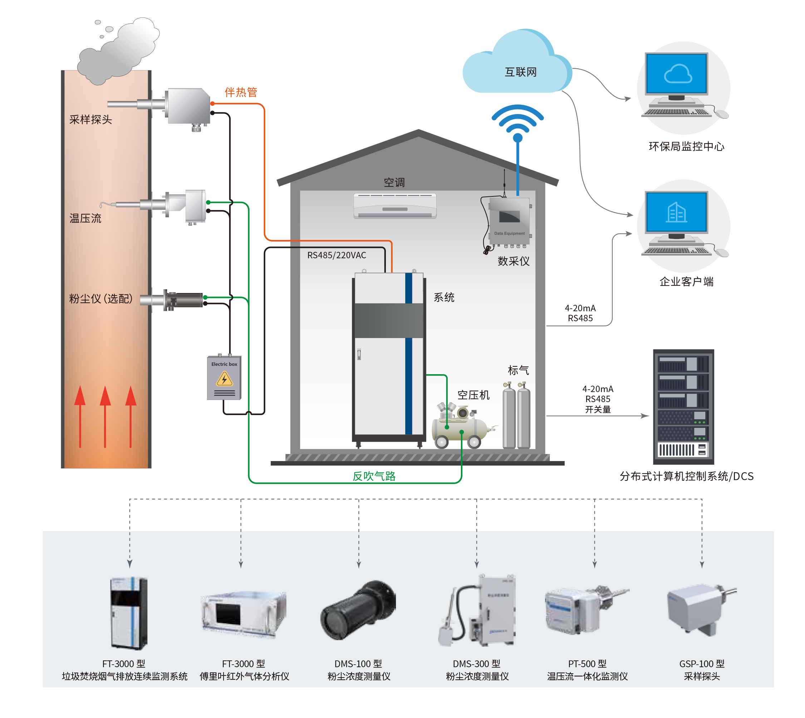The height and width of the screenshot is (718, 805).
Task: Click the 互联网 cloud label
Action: click(x=521, y=72)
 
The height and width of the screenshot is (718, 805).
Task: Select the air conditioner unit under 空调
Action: click(x=395, y=206)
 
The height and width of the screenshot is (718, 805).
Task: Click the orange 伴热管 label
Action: click(x=241, y=92)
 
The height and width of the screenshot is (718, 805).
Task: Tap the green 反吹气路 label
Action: click(x=374, y=476)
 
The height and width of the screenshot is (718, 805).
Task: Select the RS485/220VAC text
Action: click(x=337, y=255)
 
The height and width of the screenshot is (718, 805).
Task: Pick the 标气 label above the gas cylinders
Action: click(x=518, y=370)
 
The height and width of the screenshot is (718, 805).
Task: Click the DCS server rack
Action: click(x=683, y=407)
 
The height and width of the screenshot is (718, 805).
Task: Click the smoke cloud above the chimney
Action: click(x=118, y=51)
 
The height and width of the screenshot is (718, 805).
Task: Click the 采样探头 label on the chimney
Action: click(x=91, y=119)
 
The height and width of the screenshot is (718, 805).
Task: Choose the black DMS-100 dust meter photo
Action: click(x=358, y=610)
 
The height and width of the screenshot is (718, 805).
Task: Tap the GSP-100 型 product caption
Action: click(x=702, y=664)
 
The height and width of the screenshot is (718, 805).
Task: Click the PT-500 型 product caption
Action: click(x=587, y=664)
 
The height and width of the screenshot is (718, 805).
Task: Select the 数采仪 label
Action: click(x=514, y=261)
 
